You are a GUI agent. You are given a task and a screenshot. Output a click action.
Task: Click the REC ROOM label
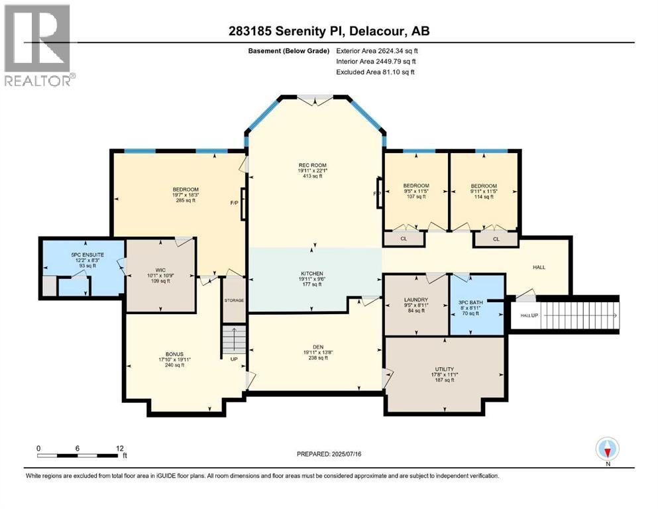pos(312,165)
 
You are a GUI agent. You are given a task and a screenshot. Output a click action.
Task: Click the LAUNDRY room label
pos(416,299)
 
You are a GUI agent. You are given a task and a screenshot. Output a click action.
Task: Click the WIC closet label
pos(160,269)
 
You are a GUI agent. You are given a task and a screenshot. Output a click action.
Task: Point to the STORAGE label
pos(234,300)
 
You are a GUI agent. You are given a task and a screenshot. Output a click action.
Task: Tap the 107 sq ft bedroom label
pos(416,186)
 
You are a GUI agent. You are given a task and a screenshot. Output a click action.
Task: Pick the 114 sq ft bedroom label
pos(483,186)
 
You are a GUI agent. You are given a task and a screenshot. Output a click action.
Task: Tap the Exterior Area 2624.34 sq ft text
pos(376,50)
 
